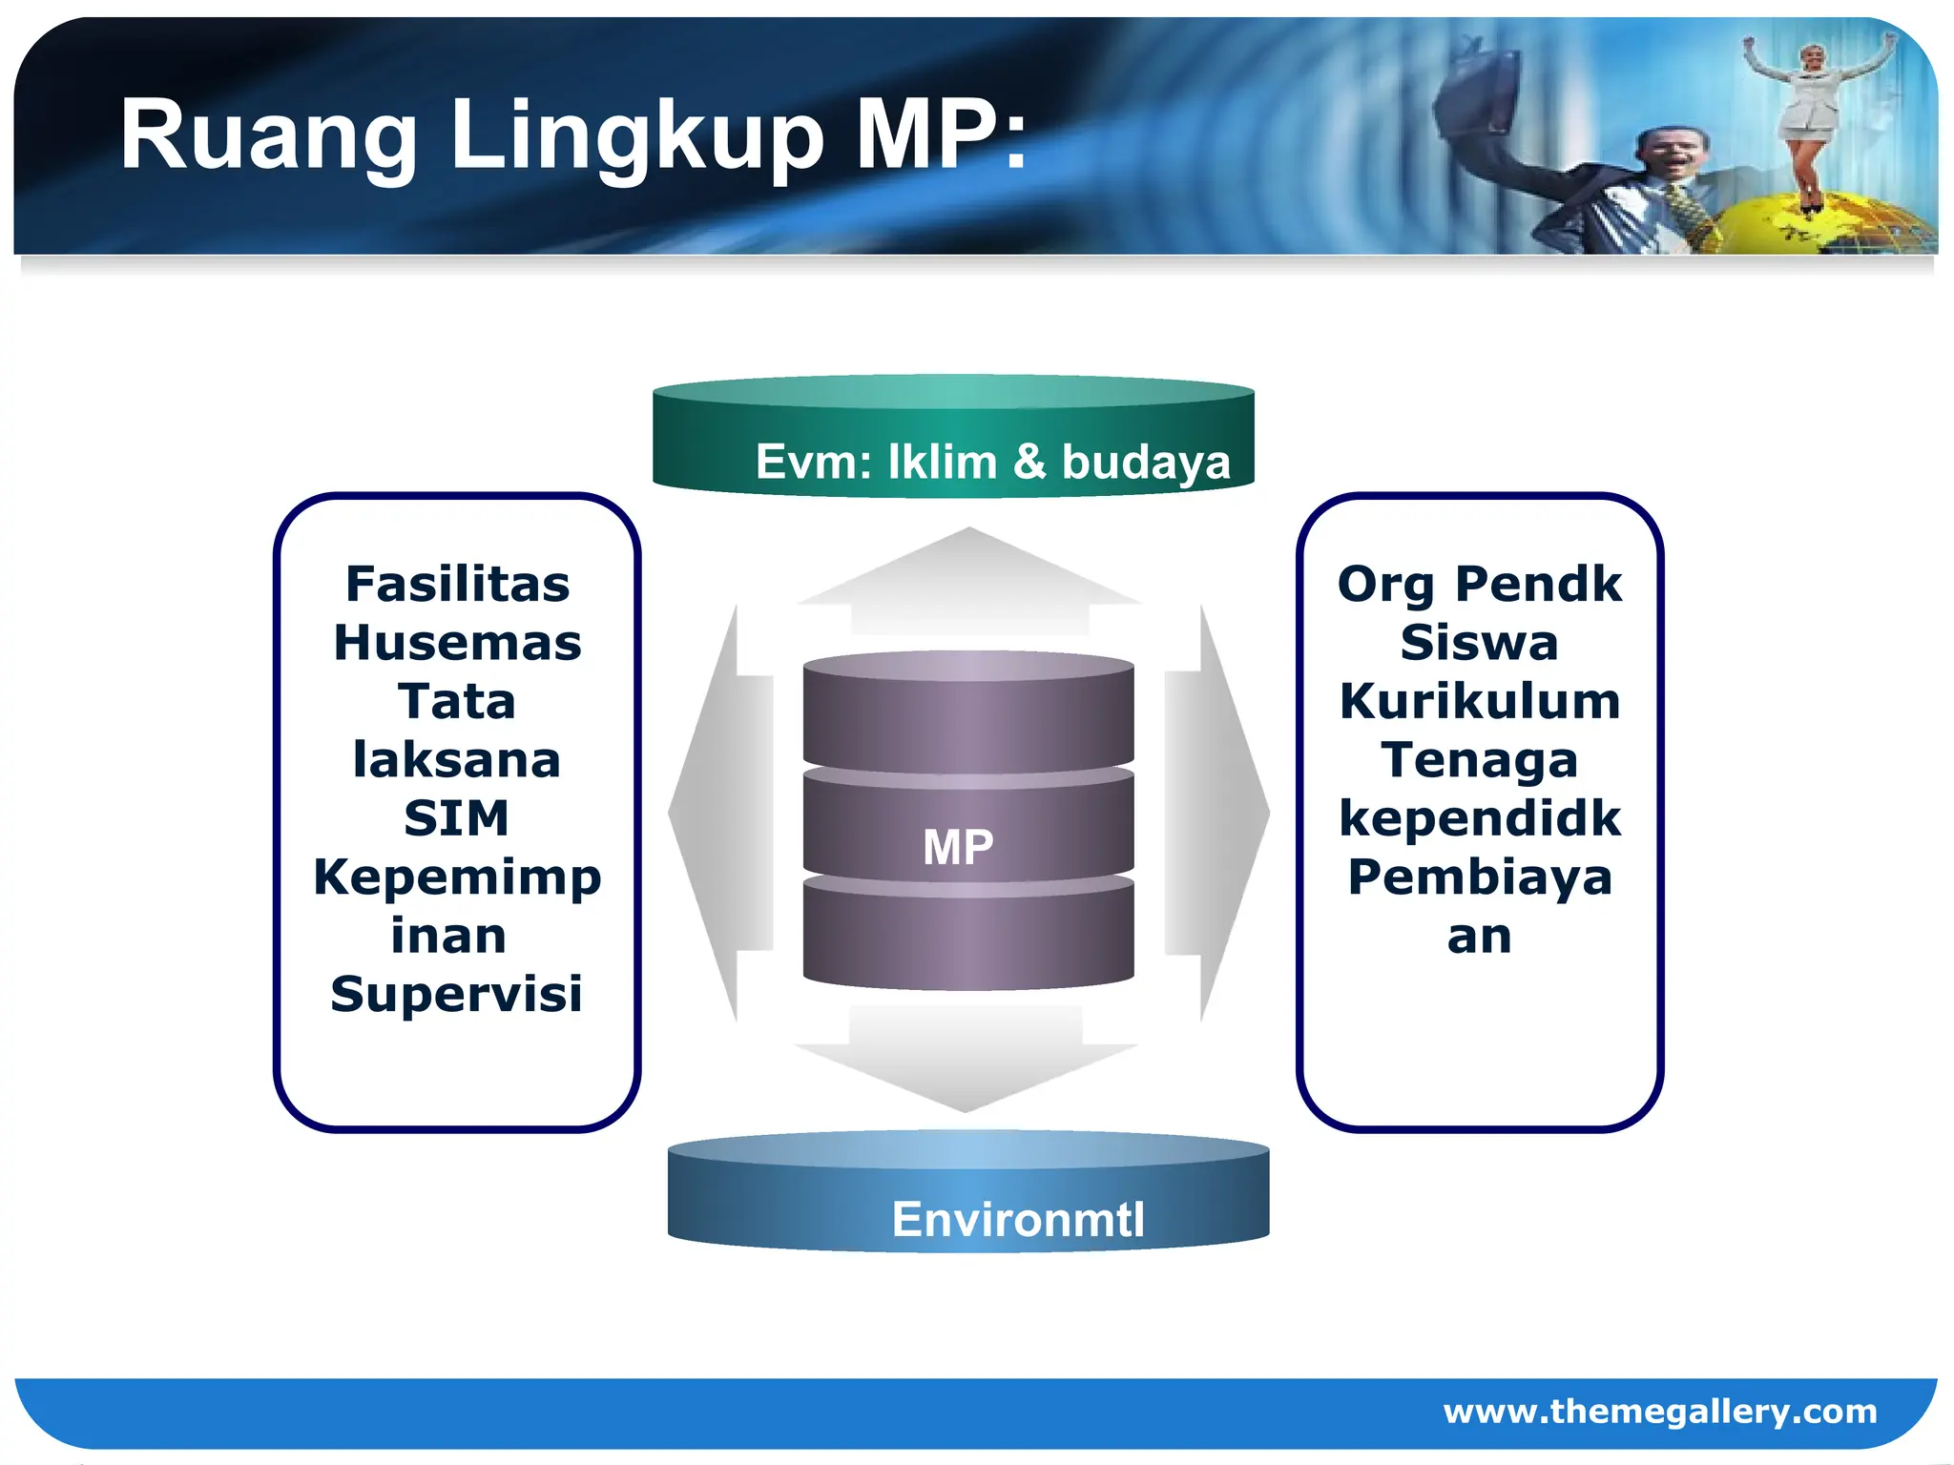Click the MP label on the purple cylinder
tap(958, 847)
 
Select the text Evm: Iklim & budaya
tap(992, 462)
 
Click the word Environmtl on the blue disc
tap(1017, 1219)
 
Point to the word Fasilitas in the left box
tap(457, 584)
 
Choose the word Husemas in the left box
tap(457, 643)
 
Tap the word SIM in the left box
tap(456, 818)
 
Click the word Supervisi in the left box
tap(456, 994)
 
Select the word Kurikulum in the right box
tap(1480, 702)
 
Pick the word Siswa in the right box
tap(1479, 643)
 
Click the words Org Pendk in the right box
tap(1480, 584)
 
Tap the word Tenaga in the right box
tap(1479, 760)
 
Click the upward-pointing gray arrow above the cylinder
tap(969, 582)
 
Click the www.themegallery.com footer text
tap(1659, 1411)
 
